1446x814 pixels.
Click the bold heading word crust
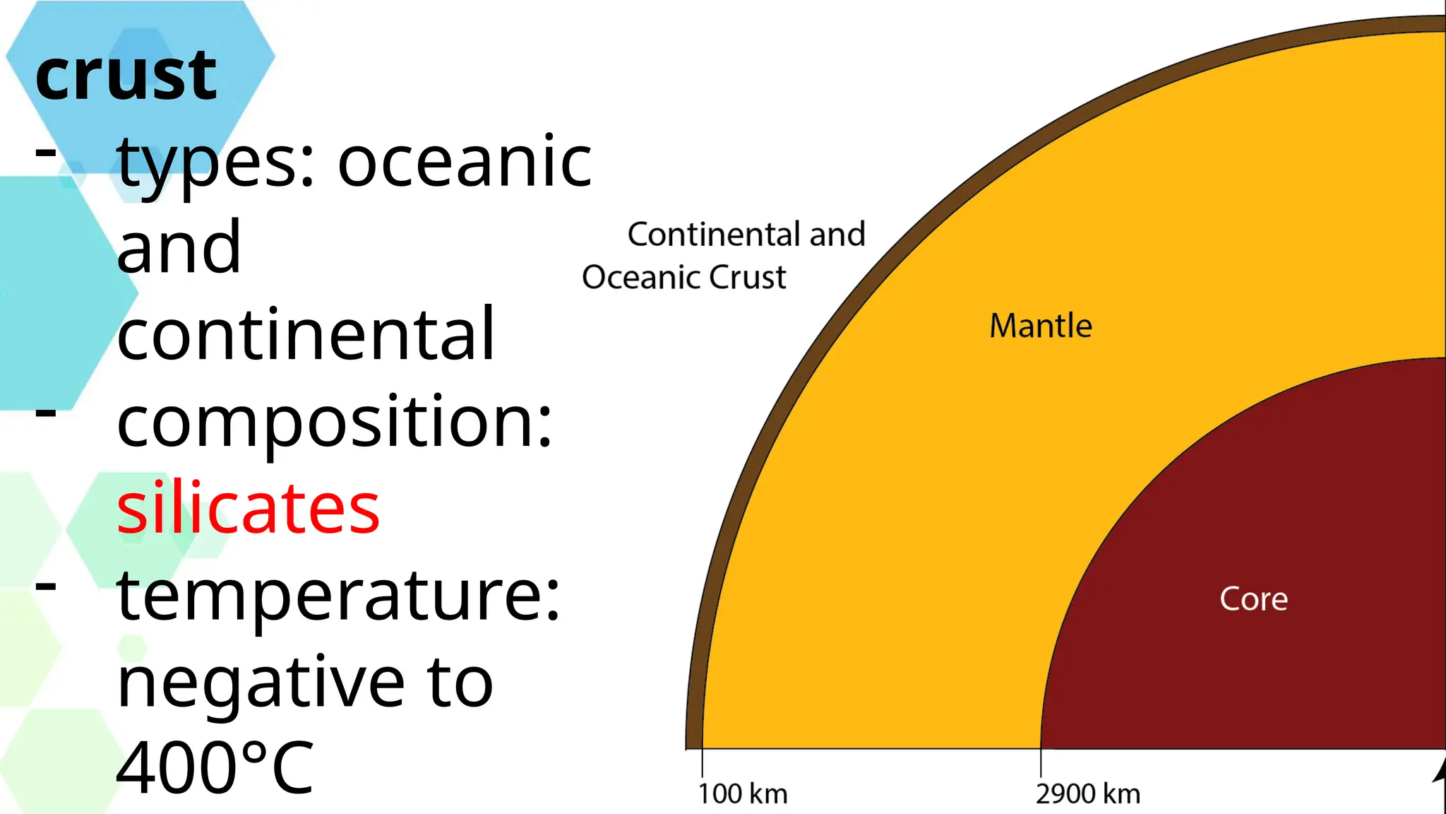pos(126,76)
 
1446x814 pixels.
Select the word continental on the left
pos(306,334)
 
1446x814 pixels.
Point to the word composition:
pos(334,423)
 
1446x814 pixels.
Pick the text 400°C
pos(215,768)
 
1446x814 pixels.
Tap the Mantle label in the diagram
pos(1040,326)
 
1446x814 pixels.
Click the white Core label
pos(1253,599)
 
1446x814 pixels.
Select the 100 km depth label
pos(742,794)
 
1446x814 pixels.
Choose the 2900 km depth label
pos(1087,794)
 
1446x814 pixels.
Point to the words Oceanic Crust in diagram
pos(683,277)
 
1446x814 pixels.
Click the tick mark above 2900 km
pos(1041,763)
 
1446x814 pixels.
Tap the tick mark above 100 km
pos(702,763)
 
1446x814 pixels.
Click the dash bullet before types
pos(46,151)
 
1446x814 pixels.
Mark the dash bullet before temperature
pos(46,584)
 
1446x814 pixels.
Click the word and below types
pos(179,248)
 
